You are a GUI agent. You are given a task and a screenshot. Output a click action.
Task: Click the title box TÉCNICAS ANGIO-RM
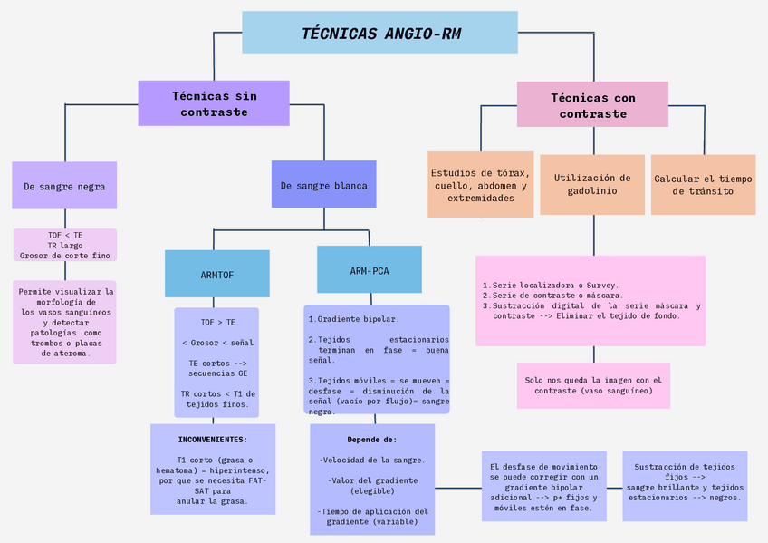pyautogui.click(x=379, y=34)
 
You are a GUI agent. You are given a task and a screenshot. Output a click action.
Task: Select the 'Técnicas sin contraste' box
pyautogui.click(x=214, y=103)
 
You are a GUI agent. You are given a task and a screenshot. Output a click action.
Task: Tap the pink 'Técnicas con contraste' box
pyautogui.click(x=592, y=105)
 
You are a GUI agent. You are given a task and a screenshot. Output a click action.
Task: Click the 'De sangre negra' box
pyautogui.click(x=64, y=186)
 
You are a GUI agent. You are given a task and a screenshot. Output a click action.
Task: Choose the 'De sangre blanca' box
pyautogui.click(x=323, y=185)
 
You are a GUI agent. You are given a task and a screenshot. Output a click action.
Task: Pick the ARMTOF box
pyautogui.click(x=217, y=274)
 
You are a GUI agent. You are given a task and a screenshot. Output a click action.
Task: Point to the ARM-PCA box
pyautogui.click(x=370, y=270)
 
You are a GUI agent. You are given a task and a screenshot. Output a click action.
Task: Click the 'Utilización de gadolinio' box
pyautogui.click(x=592, y=184)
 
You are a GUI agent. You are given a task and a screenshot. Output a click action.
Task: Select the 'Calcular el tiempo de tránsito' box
pyautogui.click(x=703, y=184)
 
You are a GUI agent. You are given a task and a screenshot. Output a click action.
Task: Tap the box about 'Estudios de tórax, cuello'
pyautogui.click(x=480, y=185)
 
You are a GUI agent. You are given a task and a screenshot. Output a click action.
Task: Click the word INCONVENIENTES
pyautogui.click(x=213, y=439)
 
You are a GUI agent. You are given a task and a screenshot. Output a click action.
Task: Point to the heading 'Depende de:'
pyautogui.click(x=371, y=439)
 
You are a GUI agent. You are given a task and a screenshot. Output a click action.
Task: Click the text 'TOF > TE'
pyautogui.click(x=217, y=322)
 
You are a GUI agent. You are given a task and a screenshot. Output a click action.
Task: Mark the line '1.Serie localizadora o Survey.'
pyautogui.click(x=551, y=285)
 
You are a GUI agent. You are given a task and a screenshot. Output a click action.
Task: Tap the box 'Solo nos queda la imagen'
pyautogui.click(x=593, y=385)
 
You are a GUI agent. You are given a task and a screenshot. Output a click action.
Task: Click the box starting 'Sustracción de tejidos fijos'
pyautogui.click(x=685, y=482)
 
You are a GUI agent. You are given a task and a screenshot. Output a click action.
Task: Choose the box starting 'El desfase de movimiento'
pyautogui.click(x=543, y=485)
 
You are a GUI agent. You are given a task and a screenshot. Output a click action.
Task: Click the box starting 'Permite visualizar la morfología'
pyautogui.click(x=65, y=322)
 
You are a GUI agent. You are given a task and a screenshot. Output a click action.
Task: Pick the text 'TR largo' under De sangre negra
pyautogui.click(x=65, y=245)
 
